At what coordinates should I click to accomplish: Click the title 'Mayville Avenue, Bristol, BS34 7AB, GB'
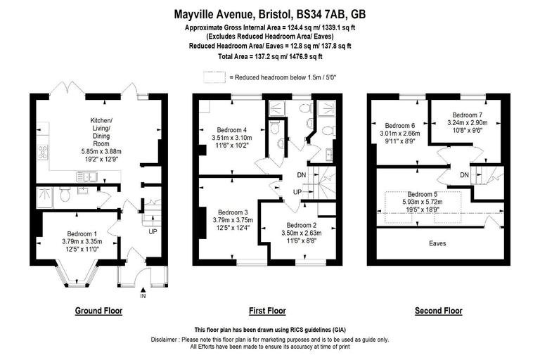270,13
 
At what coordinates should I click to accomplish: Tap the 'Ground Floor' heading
98,310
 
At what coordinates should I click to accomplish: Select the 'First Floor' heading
267,310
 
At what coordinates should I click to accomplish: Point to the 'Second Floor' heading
439,310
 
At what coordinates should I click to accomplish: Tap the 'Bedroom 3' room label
233,212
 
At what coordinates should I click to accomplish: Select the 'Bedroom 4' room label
229,129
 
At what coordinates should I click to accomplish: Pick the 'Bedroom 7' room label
468,114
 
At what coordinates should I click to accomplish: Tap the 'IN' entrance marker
143,297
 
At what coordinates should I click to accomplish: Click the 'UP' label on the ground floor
152,231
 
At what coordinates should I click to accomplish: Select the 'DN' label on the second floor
464,174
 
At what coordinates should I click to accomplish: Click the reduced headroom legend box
213,78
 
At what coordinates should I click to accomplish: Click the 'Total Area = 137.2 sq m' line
270,56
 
